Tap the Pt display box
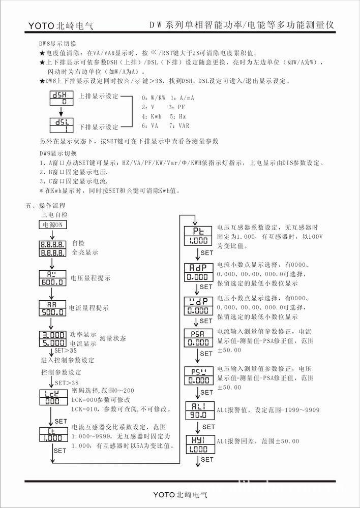197,236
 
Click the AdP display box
197,272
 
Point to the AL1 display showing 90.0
197,409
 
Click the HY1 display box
197,444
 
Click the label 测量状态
113,338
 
